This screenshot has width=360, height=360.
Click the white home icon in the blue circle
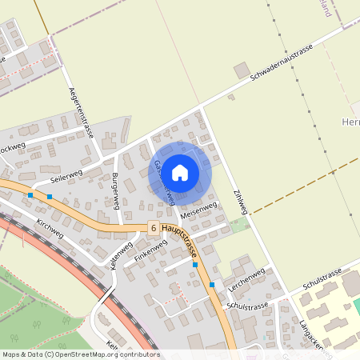click(180, 172)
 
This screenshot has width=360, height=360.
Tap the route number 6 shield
click(153, 228)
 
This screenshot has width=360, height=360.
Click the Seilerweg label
click(66, 175)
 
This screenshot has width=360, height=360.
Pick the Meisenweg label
click(198, 211)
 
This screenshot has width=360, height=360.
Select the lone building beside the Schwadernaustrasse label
click(241, 70)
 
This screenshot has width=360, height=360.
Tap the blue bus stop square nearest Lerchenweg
click(212, 284)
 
